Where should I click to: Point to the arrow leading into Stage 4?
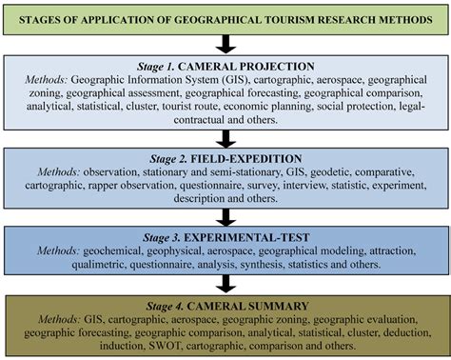click(x=225, y=281)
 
